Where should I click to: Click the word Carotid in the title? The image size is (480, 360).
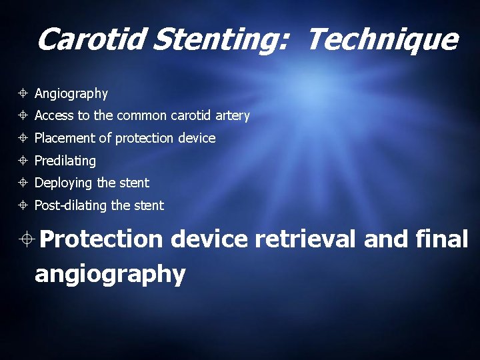(91, 40)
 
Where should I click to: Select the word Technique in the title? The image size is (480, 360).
(382, 40)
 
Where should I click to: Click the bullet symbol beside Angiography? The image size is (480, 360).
(23, 94)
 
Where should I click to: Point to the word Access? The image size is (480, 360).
(54, 116)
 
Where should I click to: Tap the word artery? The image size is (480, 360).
(233, 116)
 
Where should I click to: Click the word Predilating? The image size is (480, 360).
(65, 161)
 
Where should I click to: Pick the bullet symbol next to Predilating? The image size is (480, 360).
(23, 161)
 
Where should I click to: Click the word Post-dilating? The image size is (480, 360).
(70, 205)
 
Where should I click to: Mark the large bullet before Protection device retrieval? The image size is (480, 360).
(25, 239)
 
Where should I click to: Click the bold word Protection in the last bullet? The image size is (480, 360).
(100, 239)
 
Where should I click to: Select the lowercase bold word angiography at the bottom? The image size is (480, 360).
(110, 273)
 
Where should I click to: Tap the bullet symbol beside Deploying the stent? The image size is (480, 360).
(23, 183)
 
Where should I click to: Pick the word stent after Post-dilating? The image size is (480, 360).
(149, 205)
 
